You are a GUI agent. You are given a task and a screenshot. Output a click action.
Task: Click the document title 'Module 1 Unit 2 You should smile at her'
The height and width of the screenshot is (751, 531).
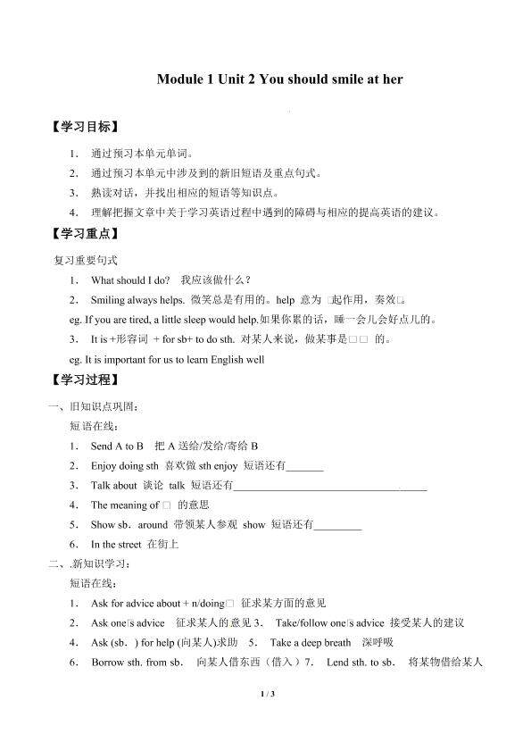pyautogui.click(x=279, y=79)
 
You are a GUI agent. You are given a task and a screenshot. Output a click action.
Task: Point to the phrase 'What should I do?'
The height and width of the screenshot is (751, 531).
pyautogui.click(x=130, y=280)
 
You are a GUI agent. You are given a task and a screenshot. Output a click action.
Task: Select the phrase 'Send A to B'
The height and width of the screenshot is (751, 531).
pyautogui.click(x=117, y=446)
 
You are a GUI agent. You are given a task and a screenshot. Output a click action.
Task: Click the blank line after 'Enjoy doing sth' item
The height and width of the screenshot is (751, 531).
pyautogui.click(x=305, y=466)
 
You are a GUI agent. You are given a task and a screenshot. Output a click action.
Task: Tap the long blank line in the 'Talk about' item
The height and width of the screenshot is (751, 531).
pyautogui.click(x=329, y=487)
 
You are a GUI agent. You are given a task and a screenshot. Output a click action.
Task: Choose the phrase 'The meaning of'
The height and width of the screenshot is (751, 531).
pyautogui.click(x=125, y=505)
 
